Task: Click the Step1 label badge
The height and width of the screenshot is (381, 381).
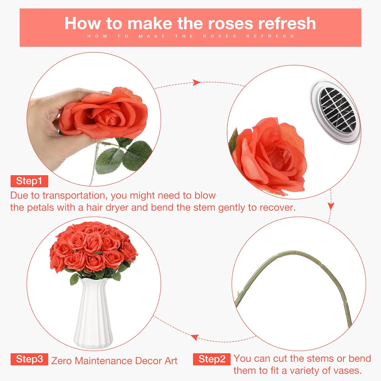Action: click(29, 181)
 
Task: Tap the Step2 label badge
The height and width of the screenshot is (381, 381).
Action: click(212, 359)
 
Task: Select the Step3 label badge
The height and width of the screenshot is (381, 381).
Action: click(29, 359)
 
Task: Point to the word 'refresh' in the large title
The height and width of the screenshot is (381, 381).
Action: click(287, 23)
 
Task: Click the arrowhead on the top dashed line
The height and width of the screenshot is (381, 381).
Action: click(196, 82)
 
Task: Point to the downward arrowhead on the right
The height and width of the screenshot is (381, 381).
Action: click(330, 206)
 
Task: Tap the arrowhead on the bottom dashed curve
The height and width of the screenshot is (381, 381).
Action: click(195, 337)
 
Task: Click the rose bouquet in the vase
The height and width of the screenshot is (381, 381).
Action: click(93, 250)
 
